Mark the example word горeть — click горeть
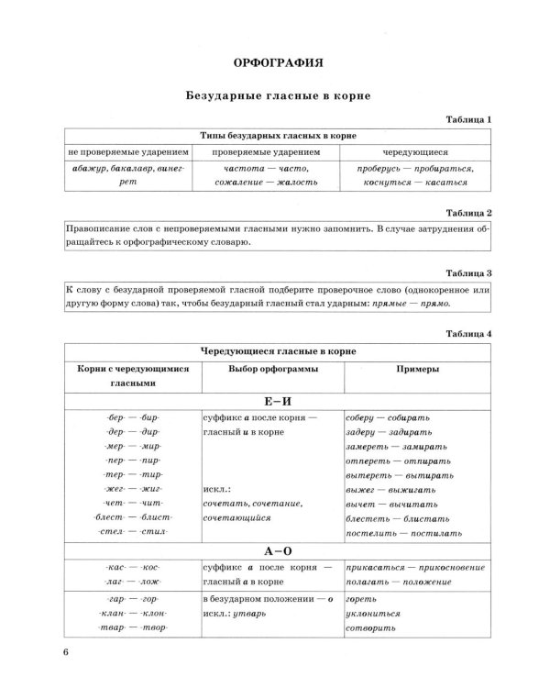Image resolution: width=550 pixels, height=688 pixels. [362, 599]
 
